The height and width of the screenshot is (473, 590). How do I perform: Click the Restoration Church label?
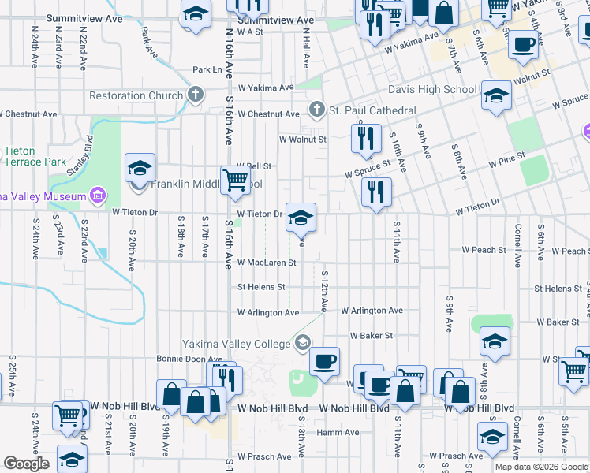136,96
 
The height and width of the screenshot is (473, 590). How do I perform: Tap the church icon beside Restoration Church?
196,95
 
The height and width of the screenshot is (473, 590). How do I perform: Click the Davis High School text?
431,89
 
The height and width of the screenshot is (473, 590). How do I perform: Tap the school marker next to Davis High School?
495,97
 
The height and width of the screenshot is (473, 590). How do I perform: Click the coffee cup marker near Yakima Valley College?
323,362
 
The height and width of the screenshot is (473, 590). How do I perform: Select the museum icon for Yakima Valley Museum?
98,195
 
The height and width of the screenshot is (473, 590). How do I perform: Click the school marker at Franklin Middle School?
140,169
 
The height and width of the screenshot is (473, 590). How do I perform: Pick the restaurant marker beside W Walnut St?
365,140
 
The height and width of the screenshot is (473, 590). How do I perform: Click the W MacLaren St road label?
267,263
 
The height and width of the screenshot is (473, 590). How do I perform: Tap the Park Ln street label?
207,70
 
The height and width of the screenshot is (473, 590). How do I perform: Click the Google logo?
26,464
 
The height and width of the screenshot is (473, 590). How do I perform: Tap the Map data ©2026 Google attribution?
541,467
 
